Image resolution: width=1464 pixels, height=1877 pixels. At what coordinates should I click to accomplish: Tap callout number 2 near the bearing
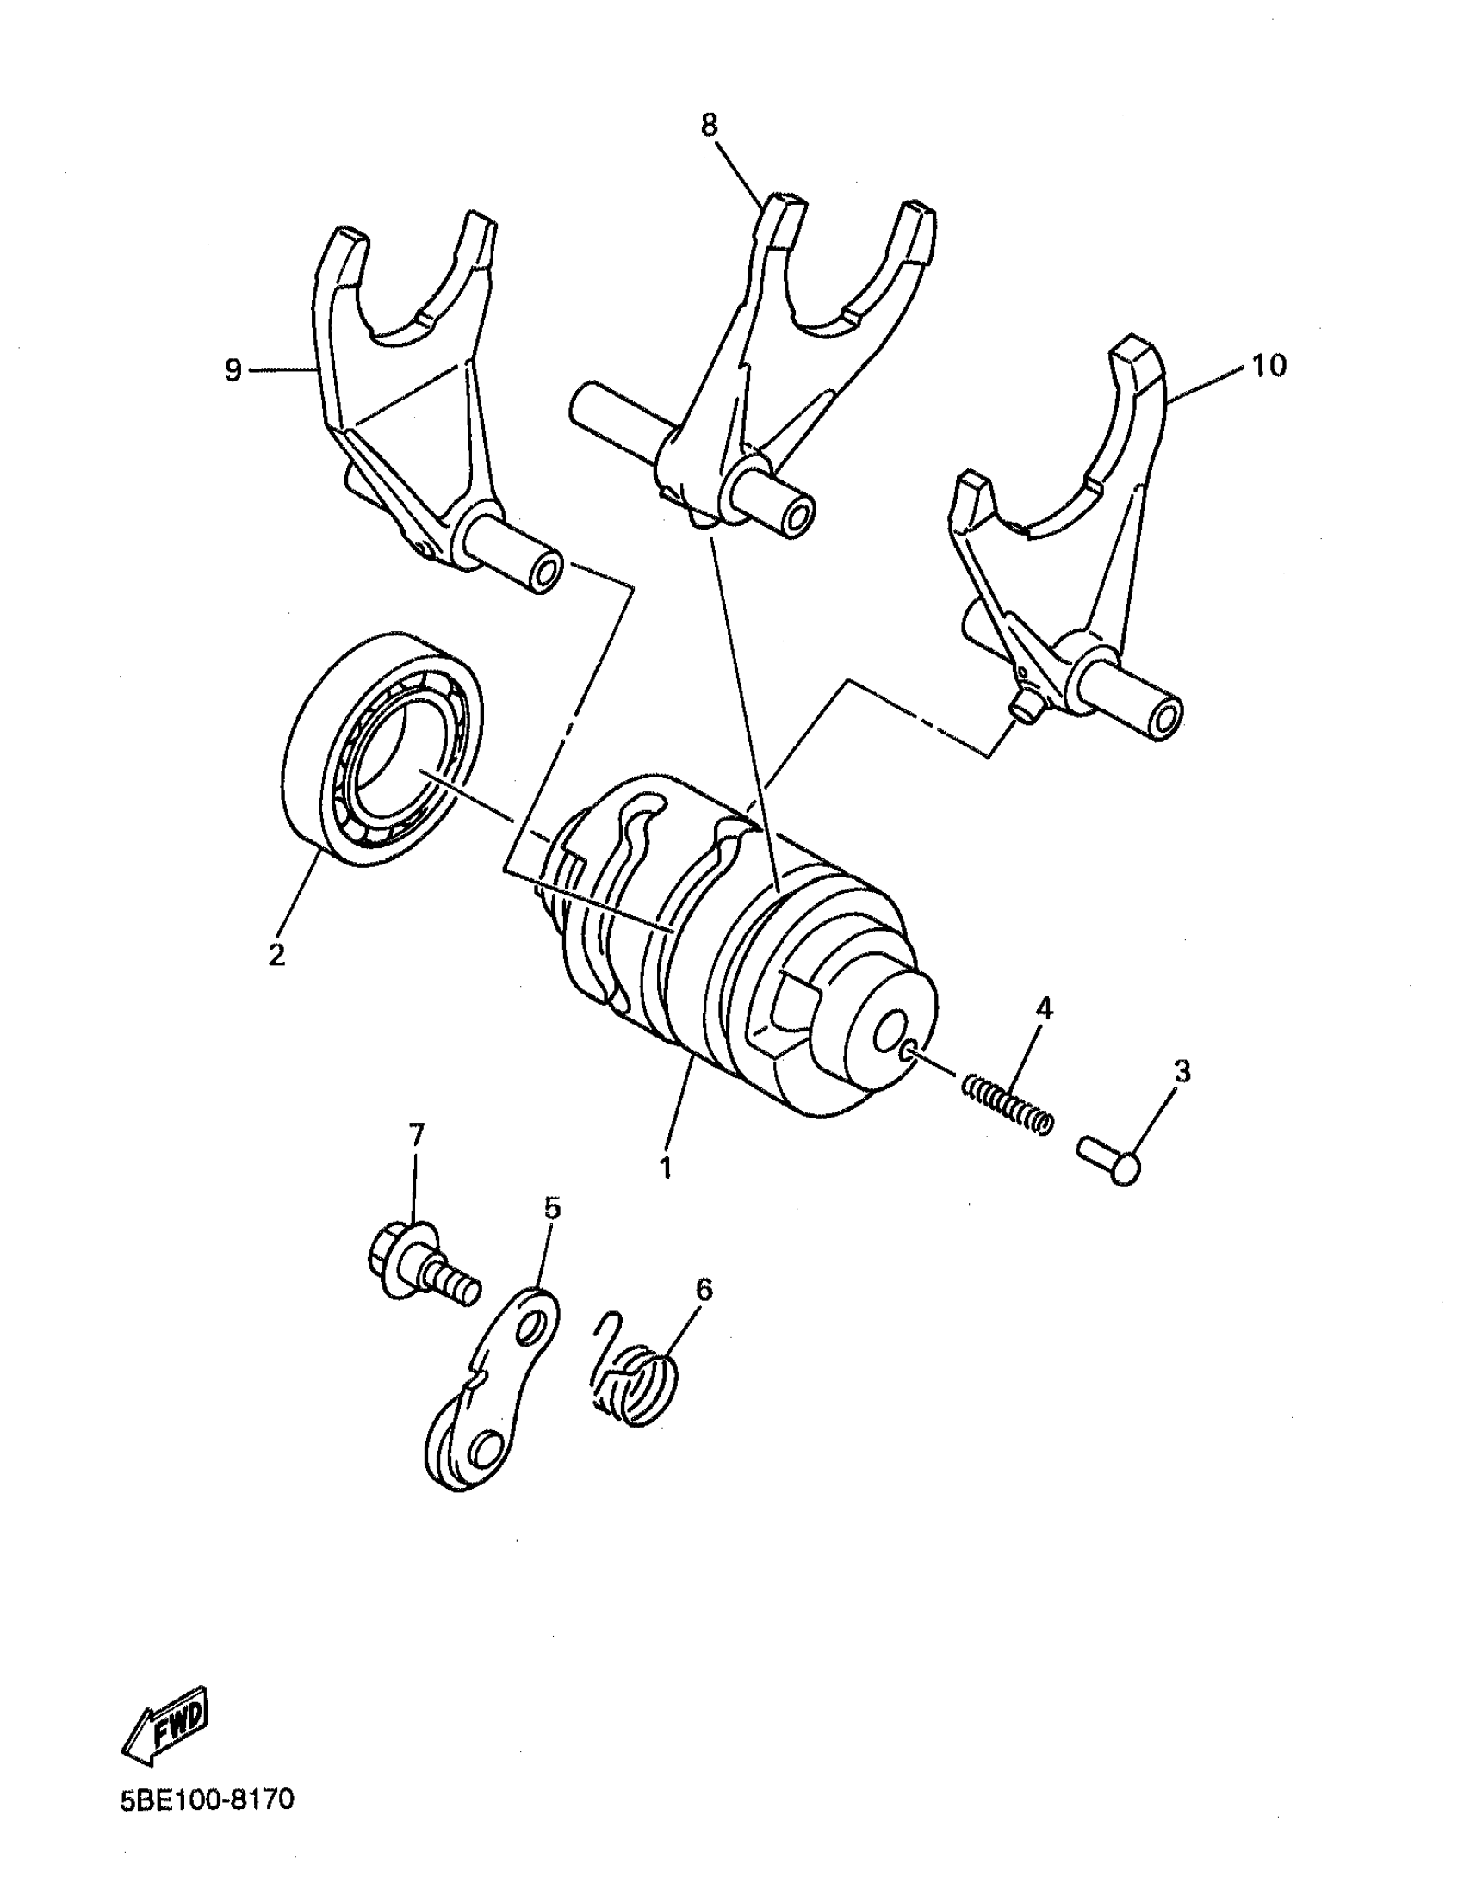[276, 954]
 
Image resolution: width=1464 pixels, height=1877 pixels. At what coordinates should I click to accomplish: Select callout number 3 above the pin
[1182, 1072]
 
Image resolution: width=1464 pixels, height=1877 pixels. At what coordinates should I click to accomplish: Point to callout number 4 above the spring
[1043, 1007]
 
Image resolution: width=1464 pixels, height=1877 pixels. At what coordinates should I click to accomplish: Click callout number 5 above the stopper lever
[552, 1208]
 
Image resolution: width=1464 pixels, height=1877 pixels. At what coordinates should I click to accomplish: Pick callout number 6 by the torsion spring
[704, 1289]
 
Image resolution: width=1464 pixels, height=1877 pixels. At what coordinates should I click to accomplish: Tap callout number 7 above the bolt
[417, 1135]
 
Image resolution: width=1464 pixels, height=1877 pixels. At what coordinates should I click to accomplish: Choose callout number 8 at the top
[708, 126]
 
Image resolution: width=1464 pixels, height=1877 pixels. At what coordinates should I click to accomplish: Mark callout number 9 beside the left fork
[233, 370]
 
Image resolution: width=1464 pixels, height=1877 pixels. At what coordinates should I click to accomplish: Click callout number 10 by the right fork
[1269, 365]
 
